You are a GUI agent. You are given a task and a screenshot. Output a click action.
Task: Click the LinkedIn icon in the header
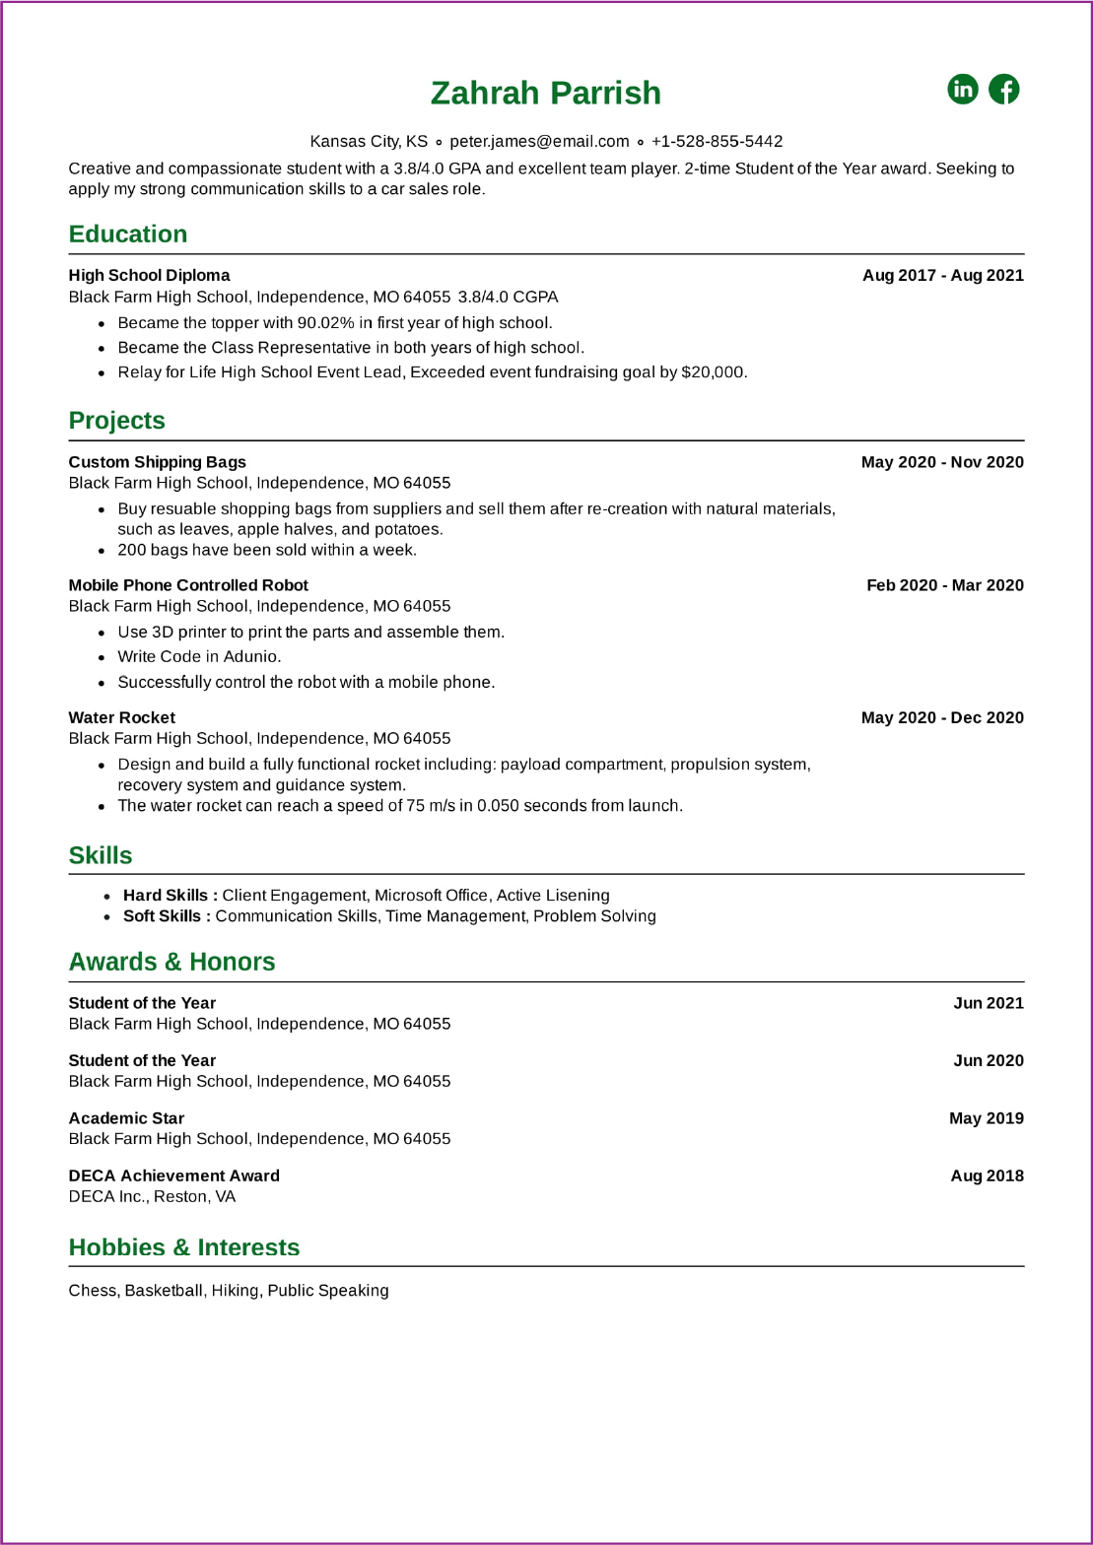coord(962,89)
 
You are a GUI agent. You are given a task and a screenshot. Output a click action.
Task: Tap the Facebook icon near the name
coord(1003,89)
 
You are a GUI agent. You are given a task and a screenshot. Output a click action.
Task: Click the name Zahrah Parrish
coord(546,93)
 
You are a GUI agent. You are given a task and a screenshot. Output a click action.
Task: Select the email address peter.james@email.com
coord(539,141)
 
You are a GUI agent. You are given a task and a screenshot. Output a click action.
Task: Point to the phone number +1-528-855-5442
coord(717,141)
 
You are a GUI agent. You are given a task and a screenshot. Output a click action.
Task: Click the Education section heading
coord(128,234)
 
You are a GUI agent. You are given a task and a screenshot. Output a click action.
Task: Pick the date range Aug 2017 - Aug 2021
coord(942,275)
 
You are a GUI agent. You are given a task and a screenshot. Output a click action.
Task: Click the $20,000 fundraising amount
coord(714,372)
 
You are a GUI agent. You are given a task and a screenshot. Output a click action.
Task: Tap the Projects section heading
coord(116,420)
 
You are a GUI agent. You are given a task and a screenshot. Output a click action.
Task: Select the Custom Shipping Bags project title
coord(157,462)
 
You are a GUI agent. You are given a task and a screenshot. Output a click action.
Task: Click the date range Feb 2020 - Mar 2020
coord(944,585)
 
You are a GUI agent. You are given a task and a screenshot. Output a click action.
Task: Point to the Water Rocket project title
coord(121,717)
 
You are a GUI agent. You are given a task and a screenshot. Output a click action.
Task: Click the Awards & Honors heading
coord(171,962)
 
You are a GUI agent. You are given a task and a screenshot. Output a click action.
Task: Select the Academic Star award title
coord(126,1118)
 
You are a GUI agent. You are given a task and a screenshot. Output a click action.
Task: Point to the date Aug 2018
coord(987,1176)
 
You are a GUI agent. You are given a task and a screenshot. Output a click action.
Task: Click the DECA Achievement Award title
coord(173,1176)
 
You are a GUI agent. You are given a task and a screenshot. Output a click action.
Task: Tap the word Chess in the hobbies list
coord(93,1291)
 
